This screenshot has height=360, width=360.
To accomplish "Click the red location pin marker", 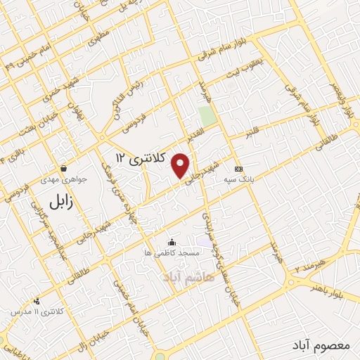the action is (181, 165).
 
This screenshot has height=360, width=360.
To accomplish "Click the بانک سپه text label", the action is (240, 179).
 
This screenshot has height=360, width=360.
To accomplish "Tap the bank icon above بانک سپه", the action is (239, 169).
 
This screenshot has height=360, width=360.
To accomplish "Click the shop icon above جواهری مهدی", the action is (64, 168).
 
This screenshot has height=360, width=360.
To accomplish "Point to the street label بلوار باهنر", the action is (337, 289).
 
